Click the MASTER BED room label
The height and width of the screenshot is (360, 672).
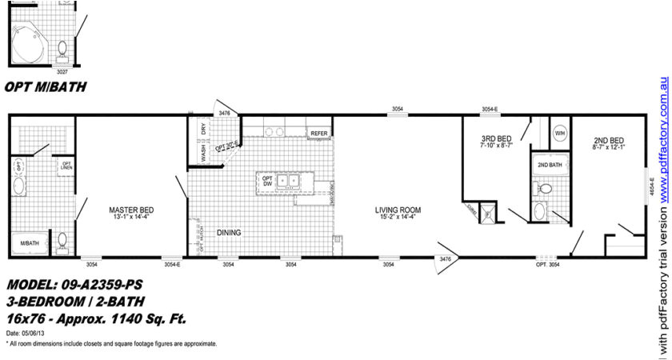tap(130, 211)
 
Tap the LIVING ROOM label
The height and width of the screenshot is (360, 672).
tap(398, 211)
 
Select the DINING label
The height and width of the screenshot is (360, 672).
tap(228, 233)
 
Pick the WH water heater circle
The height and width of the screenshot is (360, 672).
tap(560, 132)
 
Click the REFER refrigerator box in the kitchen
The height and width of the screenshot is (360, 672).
tap(319, 133)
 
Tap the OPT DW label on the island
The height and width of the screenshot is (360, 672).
tap(267, 182)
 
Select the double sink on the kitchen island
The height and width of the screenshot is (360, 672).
tap(287, 181)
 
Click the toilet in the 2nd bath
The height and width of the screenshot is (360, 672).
tap(546, 190)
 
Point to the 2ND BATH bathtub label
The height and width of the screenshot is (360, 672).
tap(549, 165)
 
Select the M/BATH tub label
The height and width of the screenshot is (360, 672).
tap(29, 243)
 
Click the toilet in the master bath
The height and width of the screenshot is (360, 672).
tap(62, 241)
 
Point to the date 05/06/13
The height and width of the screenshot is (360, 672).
tap(29, 333)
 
